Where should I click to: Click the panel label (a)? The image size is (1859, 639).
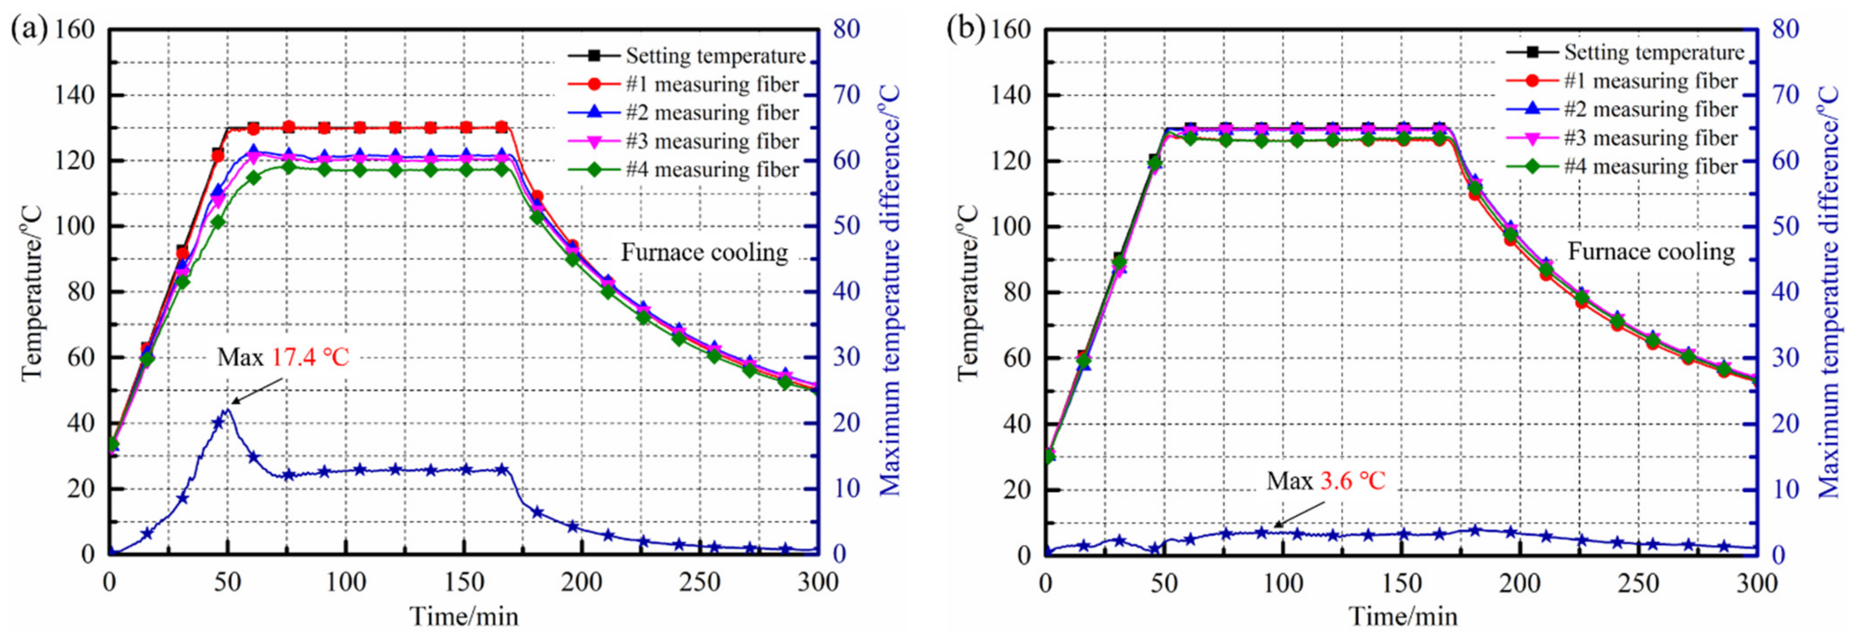point(29,30)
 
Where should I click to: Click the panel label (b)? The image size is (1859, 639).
point(966,30)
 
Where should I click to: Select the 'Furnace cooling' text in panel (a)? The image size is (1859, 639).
point(704,252)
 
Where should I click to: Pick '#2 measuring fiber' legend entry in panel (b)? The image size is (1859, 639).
point(1651,110)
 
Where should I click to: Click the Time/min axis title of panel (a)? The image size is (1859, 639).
point(464,616)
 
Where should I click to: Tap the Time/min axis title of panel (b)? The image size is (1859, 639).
point(1403,616)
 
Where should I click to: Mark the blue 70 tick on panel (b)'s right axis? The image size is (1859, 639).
point(1781,95)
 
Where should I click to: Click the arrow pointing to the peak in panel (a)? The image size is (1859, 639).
point(256,392)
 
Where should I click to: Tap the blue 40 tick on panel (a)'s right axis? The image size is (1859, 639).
point(845,292)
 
